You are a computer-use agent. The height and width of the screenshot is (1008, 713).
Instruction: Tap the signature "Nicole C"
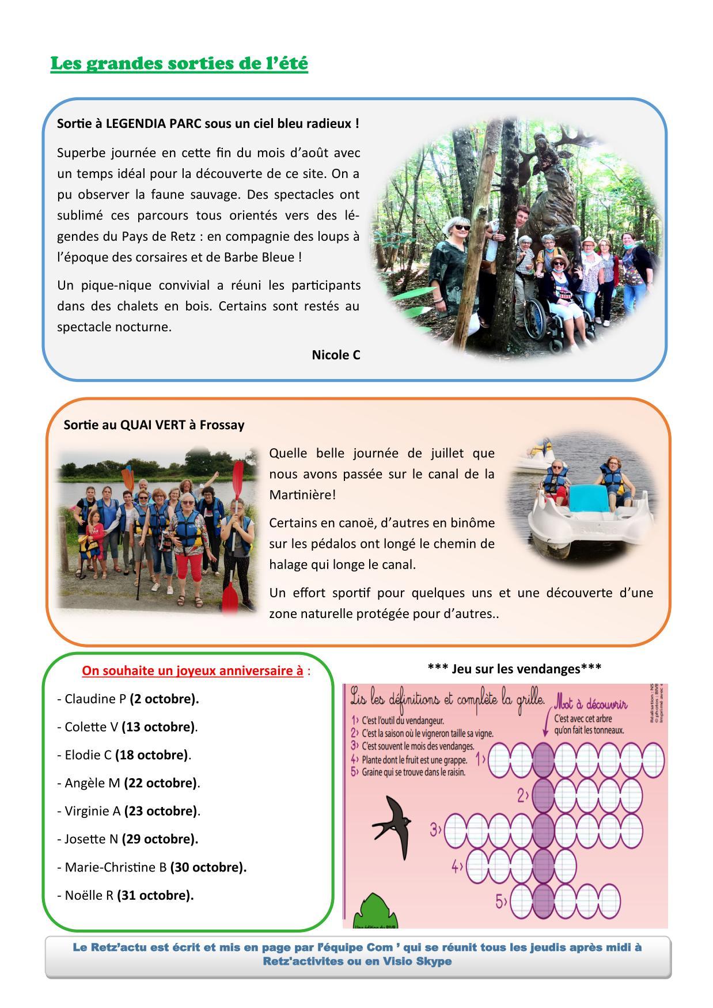click(336, 355)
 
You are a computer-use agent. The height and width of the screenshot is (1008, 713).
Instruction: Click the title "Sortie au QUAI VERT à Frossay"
click(154, 425)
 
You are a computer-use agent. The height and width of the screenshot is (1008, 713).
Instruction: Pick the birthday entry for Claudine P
click(128, 699)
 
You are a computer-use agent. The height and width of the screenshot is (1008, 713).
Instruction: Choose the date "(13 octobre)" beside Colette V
click(158, 727)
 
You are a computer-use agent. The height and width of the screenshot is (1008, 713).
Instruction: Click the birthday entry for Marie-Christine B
click(152, 867)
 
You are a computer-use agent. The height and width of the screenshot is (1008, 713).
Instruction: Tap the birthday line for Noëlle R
click(126, 895)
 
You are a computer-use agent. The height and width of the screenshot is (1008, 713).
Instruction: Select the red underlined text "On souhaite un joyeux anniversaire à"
click(192, 670)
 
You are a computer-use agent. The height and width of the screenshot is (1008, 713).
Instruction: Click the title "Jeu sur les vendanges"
click(514, 668)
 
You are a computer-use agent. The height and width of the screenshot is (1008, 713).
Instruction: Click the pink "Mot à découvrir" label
click(590, 704)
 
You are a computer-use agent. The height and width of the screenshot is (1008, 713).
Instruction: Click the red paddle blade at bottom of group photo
click(229, 596)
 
